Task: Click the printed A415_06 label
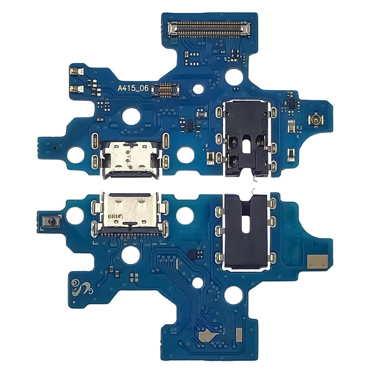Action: tap(133, 88)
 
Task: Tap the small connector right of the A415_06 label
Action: tap(165, 89)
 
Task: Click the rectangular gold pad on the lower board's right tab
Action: tap(318, 261)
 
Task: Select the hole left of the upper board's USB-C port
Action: tap(76, 155)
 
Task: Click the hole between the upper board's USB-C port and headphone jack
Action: tap(185, 155)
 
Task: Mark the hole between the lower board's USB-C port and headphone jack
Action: tap(185, 216)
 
